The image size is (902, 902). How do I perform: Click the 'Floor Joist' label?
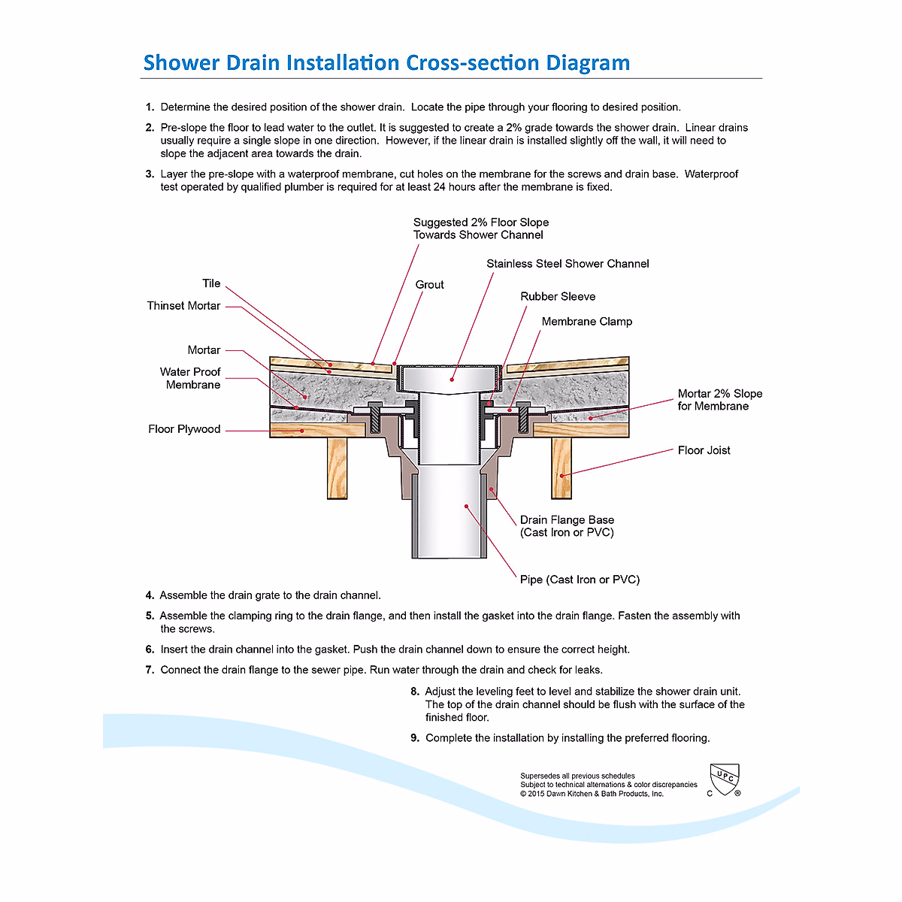[x=704, y=450]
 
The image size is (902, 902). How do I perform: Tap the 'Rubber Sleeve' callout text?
[x=558, y=297]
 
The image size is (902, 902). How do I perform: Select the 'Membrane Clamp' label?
[x=586, y=322]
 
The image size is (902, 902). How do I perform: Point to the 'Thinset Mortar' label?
[x=183, y=306]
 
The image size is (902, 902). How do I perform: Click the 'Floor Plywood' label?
[x=184, y=429]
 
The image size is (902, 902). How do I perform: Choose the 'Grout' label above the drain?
[x=429, y=285]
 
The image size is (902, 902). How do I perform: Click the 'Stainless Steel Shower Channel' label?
[x=568, y=264]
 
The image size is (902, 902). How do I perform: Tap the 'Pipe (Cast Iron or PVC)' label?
[x=580, y=580]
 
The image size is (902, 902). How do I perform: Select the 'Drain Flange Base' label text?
[x=567, y=520]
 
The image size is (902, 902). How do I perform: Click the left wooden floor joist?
[x=337, y=468]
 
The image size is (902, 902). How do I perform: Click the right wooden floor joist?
[x=561, y=468]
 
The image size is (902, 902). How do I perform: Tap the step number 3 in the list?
[x=150, y=174]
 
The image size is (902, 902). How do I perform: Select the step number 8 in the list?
[x=415, y=692]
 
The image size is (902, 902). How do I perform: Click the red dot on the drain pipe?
[x=467, y=507]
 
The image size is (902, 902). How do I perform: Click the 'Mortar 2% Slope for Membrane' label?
[x=719, y=400]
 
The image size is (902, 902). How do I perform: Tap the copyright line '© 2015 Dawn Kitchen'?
[x=592, y=794]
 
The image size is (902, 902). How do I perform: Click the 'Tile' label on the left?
[x=211, y=283]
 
